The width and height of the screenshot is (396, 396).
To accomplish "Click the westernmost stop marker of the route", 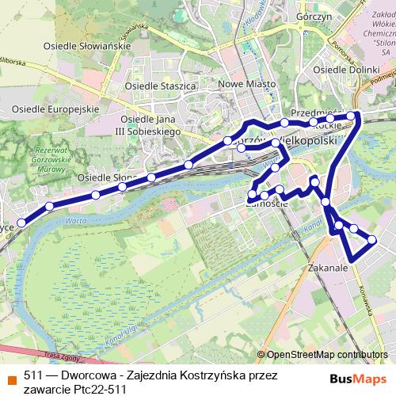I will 22,223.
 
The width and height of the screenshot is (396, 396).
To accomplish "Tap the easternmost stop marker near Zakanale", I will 371,239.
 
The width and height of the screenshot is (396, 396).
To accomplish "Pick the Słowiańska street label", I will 135,33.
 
